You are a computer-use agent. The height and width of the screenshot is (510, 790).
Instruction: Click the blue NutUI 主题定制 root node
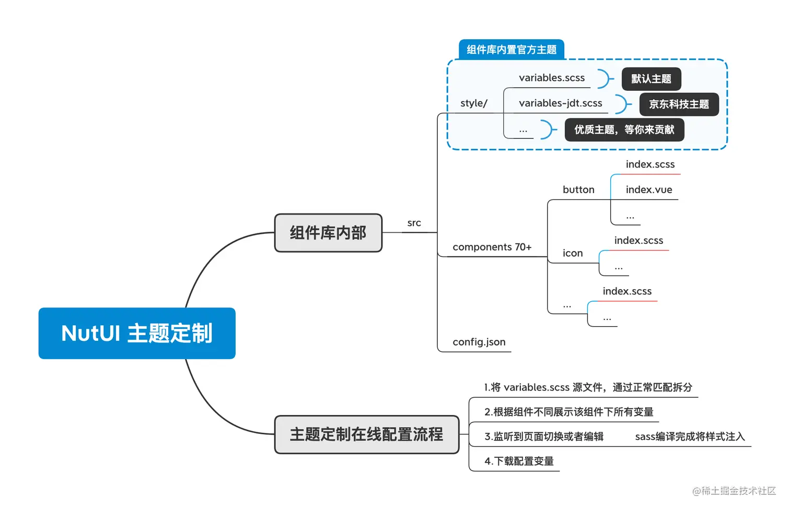coord(137,333)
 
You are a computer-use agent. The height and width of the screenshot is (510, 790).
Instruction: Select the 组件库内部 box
coord(328,233)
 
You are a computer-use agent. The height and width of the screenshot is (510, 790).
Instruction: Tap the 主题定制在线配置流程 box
coord(366,434)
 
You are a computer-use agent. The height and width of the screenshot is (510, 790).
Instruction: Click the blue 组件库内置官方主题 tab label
coord(512,50)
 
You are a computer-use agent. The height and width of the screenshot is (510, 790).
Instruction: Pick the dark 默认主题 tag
coord(651,79)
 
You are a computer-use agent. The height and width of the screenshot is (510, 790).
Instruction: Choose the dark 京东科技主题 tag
coord(679,104)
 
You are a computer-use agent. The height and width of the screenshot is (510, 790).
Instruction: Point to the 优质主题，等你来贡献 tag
coord(624,130)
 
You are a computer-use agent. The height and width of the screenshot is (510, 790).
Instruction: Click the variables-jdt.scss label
coord(560,103)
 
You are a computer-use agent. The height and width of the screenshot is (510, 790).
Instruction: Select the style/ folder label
coord(473,103)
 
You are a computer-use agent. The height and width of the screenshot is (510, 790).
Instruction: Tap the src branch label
coord(414,223)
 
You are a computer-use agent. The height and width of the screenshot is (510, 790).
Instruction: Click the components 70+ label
coord(492,247)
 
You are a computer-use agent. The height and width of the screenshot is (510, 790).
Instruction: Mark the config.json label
coord(479,342)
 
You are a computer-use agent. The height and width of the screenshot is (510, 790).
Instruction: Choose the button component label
coord(578,190)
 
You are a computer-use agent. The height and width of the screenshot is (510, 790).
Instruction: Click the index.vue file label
coord(649,190)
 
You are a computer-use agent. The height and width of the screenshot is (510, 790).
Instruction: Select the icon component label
coord(573,253)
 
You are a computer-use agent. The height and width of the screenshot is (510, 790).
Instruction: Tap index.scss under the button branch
coord(650,164)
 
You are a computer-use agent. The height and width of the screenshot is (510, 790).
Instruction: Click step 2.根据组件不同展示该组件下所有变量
coord(568,412)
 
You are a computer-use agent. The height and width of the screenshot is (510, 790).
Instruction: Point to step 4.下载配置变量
coord(519,461)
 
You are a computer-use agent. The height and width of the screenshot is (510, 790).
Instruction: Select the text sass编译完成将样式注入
coord(690,436)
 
